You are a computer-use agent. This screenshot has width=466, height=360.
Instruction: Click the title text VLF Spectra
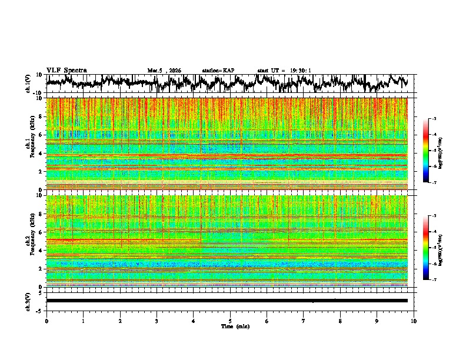point(66,70)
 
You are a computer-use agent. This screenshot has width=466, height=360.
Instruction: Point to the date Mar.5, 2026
point(164,71)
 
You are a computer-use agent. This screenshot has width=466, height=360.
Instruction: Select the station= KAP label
point(218,71)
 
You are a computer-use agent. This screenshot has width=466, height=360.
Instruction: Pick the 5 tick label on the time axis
point(230,321)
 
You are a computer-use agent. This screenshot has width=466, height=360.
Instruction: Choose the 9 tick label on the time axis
point(377,321)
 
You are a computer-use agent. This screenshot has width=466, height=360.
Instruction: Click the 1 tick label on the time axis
point(83,321)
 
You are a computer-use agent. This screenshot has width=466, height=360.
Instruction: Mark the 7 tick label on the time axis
point(304,321)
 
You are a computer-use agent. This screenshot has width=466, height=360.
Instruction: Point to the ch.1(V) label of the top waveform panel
point(28,84)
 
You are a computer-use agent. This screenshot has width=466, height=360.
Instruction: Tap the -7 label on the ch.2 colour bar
point(435,280)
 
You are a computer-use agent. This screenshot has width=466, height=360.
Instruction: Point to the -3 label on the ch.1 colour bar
point(435,119)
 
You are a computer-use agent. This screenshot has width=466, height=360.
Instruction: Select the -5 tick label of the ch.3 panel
point(40,309)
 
